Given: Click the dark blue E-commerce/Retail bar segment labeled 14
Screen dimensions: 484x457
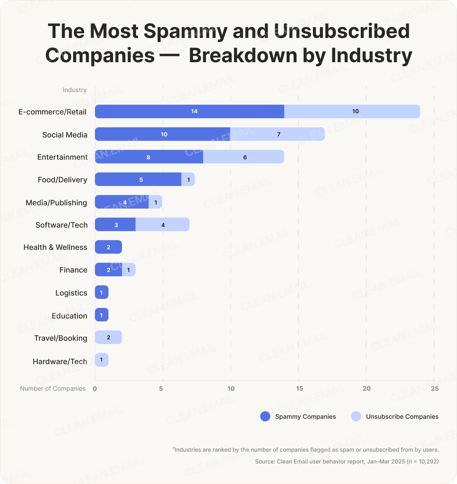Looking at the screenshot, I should pyautogui.click(x=189, y=111).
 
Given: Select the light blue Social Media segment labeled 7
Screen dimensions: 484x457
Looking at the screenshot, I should pyautogui.click(x=277, y=134).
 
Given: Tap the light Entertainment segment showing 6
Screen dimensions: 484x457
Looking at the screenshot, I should pyautogui.click(x=244, y=157).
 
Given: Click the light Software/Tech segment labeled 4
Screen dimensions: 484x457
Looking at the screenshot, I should pyautogui.click(x=162, y=225).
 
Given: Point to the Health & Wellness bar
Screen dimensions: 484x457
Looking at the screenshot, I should pyautogui.click(x=108, y=247).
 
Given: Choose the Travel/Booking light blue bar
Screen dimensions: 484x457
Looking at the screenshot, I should pyautogui.click(x=108, y=337).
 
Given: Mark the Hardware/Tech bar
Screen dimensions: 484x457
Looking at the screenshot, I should pyautogui.click(x=102, y=360).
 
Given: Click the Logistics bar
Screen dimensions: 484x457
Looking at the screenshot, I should pyautogui.click(x=102, y=292).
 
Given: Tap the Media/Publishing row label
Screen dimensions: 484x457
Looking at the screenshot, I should pyautogui.click(x=56, y=203).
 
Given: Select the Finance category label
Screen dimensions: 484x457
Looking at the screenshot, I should pyautogui.click(x=73, y=270).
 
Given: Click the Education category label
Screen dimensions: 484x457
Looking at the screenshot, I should pyautogui.click(x=69, y=316).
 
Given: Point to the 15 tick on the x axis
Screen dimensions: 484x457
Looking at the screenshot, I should pyautogui.click(x=299, y=389).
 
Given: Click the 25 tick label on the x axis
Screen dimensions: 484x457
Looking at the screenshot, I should pyautogui.click(x=435, y=389).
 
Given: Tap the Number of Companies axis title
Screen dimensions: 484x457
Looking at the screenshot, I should pyautogui.click(x=53, y=389).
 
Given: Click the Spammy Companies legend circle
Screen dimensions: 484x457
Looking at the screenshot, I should pyautogui.click(x=265, y=417).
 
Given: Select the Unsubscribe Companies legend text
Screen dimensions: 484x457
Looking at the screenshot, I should pyautogui.click(x=402, y=417).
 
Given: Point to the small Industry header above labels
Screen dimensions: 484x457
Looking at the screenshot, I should pyautogui.click(x=75, y=90).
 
